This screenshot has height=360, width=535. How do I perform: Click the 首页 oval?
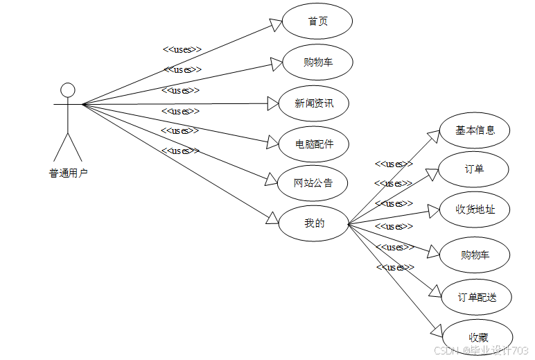point(318,22)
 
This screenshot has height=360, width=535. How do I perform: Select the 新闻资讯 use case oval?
point(313,103)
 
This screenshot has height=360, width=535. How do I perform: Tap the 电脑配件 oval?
point(313,144)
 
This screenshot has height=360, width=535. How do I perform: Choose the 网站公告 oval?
point(313,183)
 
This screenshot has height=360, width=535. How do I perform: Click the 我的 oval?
point(313,223)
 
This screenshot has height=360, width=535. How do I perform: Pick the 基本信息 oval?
point(475,130)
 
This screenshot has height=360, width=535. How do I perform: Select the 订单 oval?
point(475,169)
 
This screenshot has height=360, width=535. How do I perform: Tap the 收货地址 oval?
point(475,209)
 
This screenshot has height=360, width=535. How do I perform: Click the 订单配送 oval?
point(477,298)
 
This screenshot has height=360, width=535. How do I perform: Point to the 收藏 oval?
point(477,338)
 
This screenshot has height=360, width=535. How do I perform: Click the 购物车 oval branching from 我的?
point(475,255)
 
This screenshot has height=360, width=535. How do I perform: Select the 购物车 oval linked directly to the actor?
point(318,62)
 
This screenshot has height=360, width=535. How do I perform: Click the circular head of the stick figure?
point(68,90)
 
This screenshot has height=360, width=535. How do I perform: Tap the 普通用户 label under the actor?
point(68,173)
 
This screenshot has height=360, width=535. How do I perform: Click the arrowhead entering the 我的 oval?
point(272,220)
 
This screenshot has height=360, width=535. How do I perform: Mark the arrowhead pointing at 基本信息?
point(434,136)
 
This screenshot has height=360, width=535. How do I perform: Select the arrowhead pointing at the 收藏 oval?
point(436,330)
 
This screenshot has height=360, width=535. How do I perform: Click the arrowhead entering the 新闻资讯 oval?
point(272,104)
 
